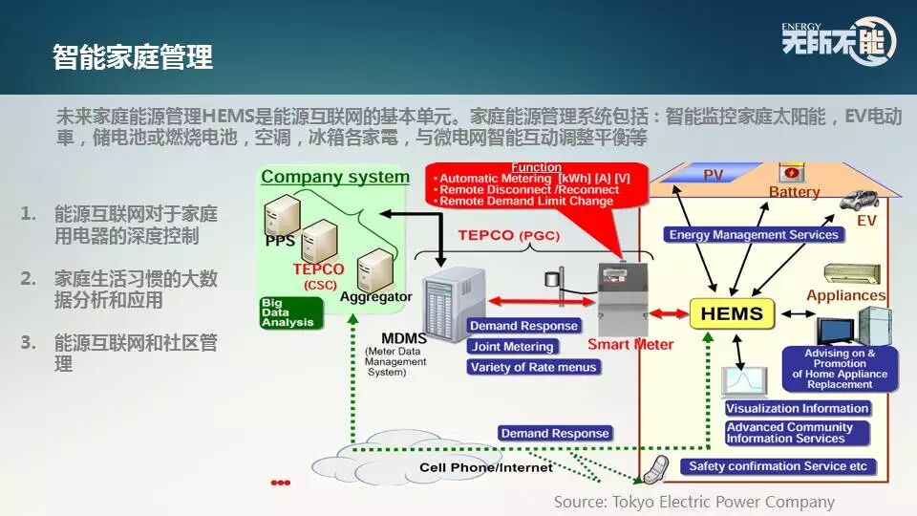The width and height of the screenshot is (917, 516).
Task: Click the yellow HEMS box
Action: tap(732, 313)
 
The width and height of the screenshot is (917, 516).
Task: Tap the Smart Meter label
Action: tap(630, 344)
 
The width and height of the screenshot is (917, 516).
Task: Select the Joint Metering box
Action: tap(513, 347)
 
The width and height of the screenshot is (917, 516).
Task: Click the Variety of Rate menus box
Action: tap(533, 367)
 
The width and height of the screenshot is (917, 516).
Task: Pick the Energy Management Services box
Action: tap(754, 235)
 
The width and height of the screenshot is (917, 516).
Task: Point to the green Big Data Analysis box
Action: tap(287, 314)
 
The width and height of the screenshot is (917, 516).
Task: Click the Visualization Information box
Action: tap(797, 408)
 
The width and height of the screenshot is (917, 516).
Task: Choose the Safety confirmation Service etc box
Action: tap(778, 466)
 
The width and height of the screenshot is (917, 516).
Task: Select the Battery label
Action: tap(794, 192)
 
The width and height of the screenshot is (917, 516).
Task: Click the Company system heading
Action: tap(335, 177)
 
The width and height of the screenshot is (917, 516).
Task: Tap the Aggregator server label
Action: tap(376, 297)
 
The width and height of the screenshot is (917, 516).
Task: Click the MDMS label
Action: tap(403, 338)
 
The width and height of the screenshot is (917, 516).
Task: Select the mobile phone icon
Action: tap(654, 470)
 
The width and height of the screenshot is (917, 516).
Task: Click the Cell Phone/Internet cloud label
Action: tap(486, 467)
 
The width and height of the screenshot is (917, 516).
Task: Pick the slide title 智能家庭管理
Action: tap(133, 56)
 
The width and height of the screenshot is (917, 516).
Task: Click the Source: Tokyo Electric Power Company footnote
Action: tap(694, 502)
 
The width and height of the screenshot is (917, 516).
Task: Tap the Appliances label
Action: tap(845, 295)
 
